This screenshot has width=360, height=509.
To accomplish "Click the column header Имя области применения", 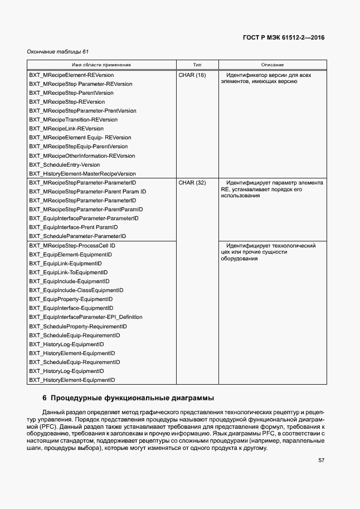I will pos(101,65).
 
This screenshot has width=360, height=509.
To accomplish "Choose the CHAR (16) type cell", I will pos(192,75).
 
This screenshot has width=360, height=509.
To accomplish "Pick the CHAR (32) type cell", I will pos(192,182).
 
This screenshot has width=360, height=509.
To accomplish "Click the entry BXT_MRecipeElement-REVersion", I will pos(71,75).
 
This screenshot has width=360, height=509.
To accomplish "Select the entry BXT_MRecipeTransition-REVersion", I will pos(73,119).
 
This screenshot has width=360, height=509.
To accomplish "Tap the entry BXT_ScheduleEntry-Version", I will pos(65,164).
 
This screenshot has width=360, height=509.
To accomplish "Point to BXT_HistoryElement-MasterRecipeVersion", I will pos(82,173).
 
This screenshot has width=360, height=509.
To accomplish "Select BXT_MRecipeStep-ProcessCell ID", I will pos(72,245).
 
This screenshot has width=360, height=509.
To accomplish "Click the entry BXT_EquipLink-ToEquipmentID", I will pos(68,272).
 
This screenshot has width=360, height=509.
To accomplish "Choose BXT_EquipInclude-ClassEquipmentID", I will pos(76,290).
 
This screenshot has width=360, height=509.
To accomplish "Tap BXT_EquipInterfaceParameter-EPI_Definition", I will pos(85,317).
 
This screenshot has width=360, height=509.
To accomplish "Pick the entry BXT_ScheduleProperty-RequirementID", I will pos(78,326).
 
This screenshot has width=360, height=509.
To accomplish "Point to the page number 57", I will pos(321,460).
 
